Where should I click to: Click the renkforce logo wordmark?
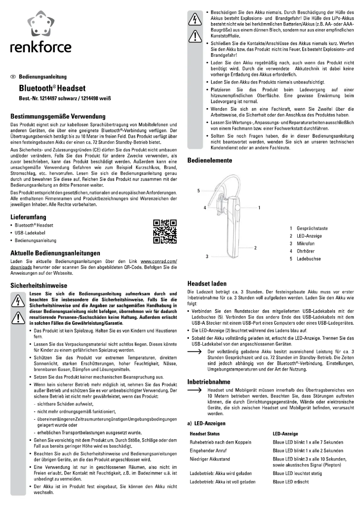coord(41,47)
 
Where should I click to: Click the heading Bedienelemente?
coord(210,160)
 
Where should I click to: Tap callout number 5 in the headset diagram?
coord(198,191)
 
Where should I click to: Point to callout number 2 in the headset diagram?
coord(256,248)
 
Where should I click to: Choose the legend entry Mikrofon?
coord(305,243)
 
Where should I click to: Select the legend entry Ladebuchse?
coord(309,259)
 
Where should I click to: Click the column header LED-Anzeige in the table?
coord(285,434)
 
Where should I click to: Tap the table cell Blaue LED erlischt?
coord(291,481)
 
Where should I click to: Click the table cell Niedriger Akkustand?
coord(210,459)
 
